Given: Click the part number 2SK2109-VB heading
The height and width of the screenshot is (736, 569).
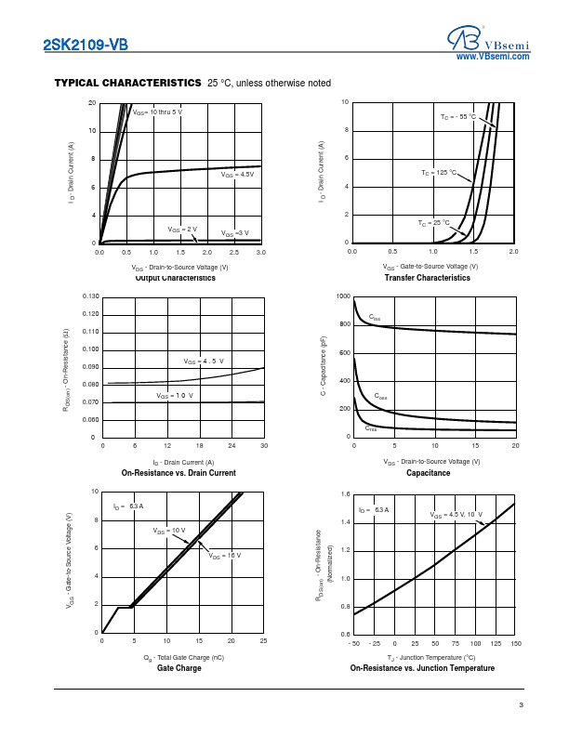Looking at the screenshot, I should [86, 45].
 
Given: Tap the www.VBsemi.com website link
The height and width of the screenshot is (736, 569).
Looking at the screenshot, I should [493, 57].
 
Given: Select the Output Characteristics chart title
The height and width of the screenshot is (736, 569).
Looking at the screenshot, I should [176, 278].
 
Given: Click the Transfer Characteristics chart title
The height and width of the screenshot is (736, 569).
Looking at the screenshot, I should [428, 278].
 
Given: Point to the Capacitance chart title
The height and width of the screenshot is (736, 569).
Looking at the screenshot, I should [428, 473].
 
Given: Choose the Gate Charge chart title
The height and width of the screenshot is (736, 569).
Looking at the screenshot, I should [179, 668].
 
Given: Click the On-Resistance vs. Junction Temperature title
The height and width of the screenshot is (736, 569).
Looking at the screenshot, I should [422, 668].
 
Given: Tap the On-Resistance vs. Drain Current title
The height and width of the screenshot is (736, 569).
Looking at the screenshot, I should [179, 473].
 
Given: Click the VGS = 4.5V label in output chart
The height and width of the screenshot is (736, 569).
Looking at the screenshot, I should [237, 175].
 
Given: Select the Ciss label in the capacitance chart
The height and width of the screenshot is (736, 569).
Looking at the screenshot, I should [375, 319].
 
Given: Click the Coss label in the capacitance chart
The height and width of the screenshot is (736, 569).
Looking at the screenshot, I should [380, 397].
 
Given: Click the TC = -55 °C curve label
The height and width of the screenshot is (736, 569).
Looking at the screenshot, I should [457, 117].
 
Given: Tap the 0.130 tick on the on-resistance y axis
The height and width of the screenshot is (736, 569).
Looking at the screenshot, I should [90, 296].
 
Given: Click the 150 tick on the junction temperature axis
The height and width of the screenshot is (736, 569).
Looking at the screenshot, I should [515, 643].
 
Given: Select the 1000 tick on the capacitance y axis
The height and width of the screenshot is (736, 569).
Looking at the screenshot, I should [343, 296].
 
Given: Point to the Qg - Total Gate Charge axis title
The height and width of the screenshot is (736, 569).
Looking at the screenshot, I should [184, 657].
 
